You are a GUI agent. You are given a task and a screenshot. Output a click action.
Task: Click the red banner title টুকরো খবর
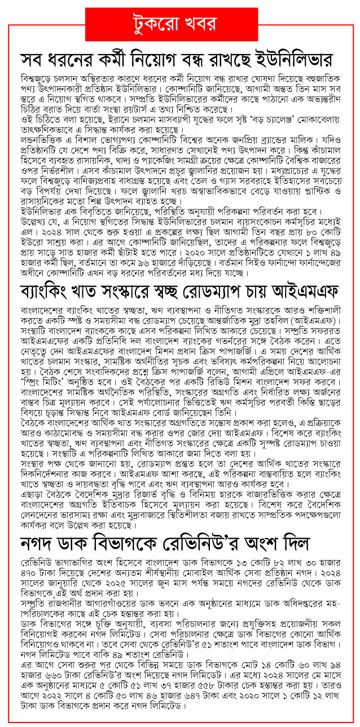(181, 23)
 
